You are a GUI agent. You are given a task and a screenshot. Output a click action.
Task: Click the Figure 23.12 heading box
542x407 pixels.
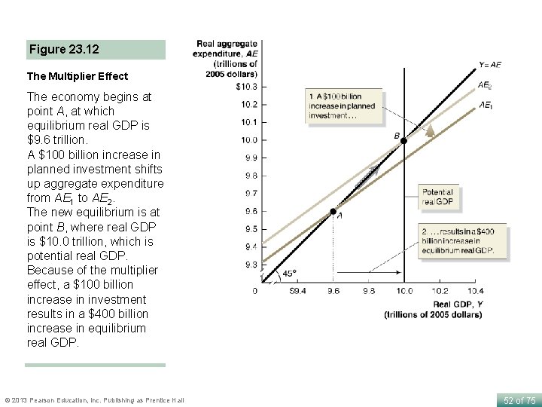pyautogui.click(x=95, y=50)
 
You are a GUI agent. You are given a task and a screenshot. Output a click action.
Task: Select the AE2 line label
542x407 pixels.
pyautogui.click(x=486, y=86)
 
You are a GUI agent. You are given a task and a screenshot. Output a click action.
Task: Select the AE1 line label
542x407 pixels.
pyautogui.click(x=486, y=106)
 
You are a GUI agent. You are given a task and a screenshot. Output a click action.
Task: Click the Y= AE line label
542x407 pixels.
pyautogui.click(x=489, y=66)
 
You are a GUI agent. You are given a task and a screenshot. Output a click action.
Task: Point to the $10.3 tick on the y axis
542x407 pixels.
pyautogui.click(x=246, y=87)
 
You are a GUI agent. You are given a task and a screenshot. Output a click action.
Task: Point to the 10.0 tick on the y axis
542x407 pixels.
pyautogui.click(x=248, y=139)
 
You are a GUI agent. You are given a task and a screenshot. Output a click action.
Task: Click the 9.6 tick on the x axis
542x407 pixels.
pyautogui.click(x=332, y=290)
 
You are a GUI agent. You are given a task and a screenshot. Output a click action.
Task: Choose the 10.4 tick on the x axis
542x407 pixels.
pyautogui.click(x=475, y=290)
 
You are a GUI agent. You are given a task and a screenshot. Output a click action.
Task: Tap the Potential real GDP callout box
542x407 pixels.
pyautogui.click(x=438, y=197)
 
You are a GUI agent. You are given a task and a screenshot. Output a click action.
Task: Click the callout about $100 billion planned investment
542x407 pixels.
pyautogui.click(x=343, y=106)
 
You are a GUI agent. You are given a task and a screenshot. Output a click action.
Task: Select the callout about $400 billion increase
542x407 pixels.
pyautogui.click(x=463, y=241)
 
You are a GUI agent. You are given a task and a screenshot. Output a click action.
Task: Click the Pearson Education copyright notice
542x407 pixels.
pyautogui.click(x=94, y=400)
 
